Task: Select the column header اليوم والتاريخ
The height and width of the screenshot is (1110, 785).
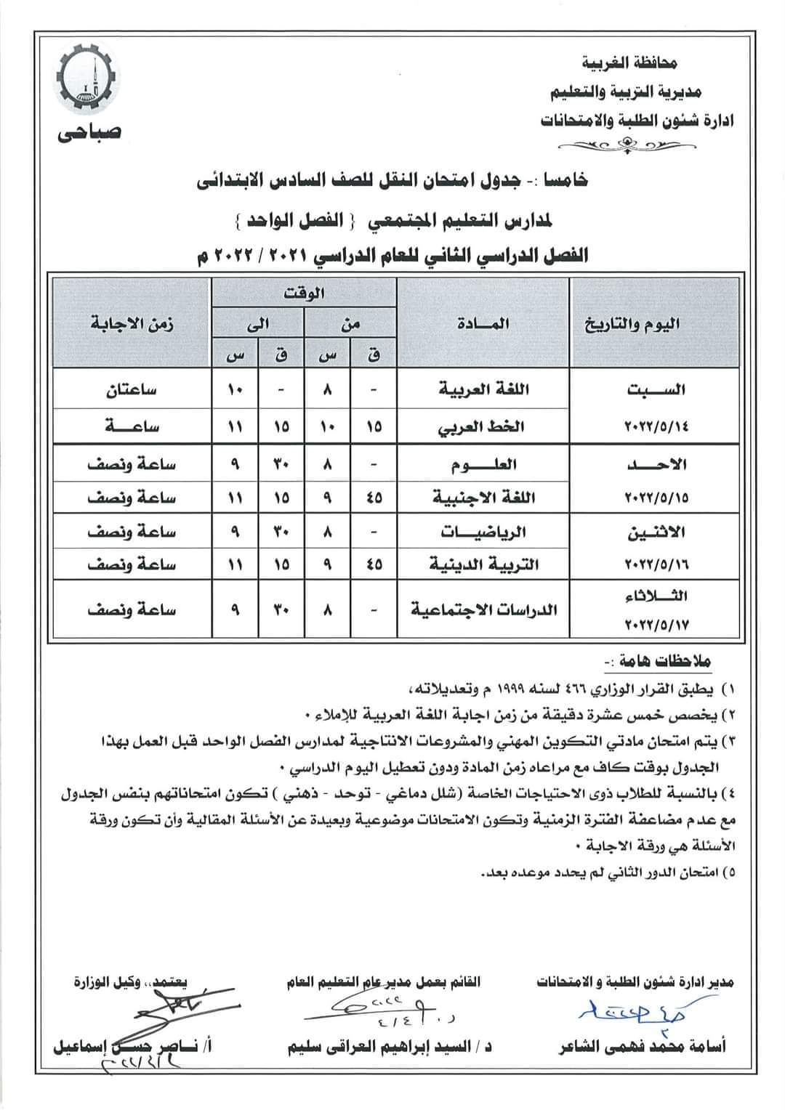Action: click(x=633, y=323)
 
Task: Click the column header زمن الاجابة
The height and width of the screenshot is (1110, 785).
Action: click(x=132, y=323)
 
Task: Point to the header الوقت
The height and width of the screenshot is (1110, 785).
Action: click(x=305, y=293)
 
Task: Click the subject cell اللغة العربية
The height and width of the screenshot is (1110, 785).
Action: click(x=484, y=389)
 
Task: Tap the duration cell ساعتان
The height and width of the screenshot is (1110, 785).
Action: click(x=133, y=389)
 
